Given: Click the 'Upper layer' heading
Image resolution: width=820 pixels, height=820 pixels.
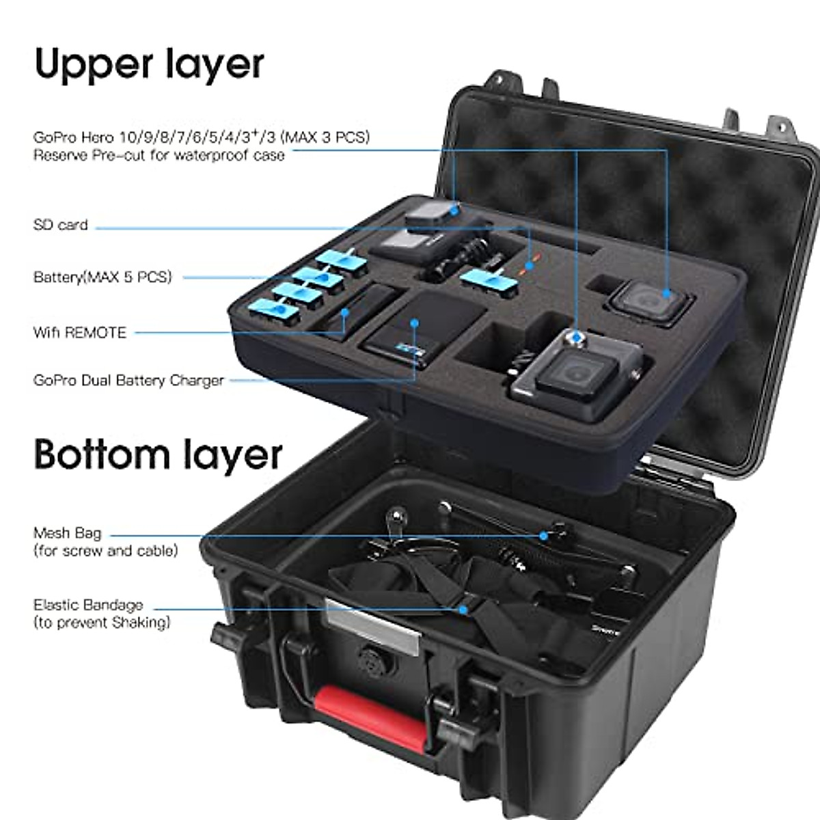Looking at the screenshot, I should [x=149, y=64].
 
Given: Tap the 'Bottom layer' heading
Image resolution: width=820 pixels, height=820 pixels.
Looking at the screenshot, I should [x=158, y=454].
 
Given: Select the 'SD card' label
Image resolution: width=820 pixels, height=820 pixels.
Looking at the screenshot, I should [x=61, y=225].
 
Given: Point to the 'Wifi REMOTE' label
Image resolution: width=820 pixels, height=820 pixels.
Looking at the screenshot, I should [x=80, y=333].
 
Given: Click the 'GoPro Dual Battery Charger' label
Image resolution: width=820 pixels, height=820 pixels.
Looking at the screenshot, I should [x=128, y=381].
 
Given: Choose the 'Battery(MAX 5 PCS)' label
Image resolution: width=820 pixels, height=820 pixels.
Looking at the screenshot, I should [x=102, y=277].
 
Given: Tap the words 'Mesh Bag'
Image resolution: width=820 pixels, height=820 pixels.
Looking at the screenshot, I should [x=67, y=533].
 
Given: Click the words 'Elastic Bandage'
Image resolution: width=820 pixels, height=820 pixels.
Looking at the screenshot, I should [x=88, y=605].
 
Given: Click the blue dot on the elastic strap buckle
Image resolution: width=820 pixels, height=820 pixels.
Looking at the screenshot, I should [x=464, y=608].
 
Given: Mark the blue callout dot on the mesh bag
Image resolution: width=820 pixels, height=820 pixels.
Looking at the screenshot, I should [x=544, y=535].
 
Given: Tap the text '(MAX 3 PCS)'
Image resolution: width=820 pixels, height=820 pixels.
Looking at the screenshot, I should [x=326, y=137].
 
